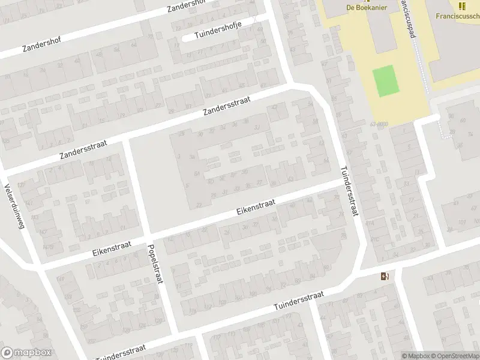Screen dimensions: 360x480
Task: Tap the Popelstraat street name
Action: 153,263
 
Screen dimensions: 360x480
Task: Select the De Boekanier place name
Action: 366,7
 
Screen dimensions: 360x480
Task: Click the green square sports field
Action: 386,81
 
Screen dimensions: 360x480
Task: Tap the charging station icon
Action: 385,277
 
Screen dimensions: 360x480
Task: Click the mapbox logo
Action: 26,353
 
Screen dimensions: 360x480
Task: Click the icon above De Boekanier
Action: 366,1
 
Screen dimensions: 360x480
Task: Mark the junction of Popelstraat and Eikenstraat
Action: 148,235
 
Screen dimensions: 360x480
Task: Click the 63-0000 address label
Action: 380,124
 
